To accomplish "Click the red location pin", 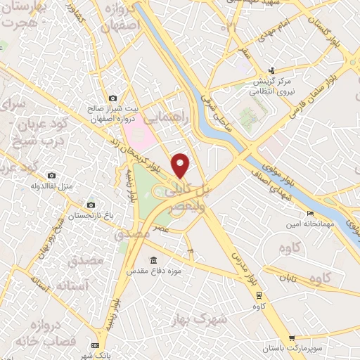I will pyautogui.click(x=181, y=165).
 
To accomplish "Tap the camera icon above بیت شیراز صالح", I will pyautogui.click(x=112, y=98).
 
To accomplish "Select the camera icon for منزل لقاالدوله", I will pyautogui.click(x=52, y=175).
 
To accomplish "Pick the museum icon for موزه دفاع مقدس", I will pyautogui.click(x=154, y=259).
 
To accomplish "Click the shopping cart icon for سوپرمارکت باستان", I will pyautogui.click(x=292, y=338).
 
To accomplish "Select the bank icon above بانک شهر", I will pyautogui.click(x=95, y=346).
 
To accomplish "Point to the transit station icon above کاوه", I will pyautogui.click(x=259, y=294).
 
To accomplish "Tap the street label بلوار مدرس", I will pyautogui.click(x=243, y=264).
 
